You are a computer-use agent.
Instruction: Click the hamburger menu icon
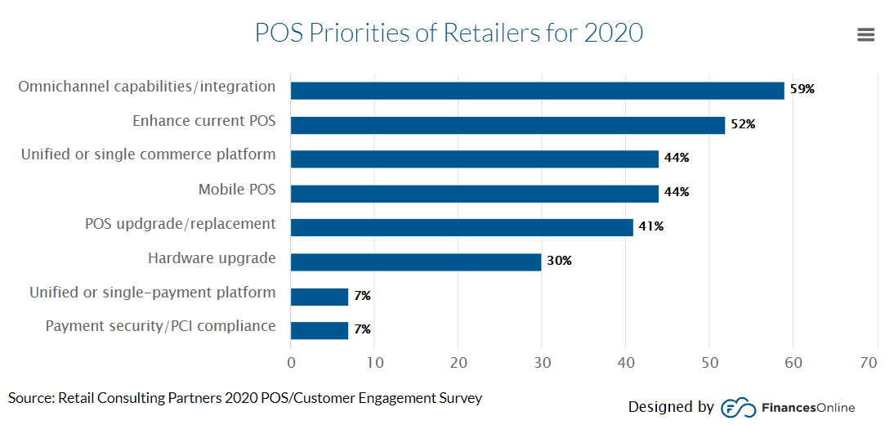pos(866,34)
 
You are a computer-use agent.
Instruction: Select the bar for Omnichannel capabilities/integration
pos(537,90)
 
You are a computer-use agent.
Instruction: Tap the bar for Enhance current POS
pos(507,124)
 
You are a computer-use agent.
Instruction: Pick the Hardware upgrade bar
pos(415,262)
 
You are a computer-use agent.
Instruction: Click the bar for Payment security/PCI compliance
pos(320,329)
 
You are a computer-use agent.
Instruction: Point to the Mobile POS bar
pos(474,193)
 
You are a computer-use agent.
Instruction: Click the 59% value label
pos(802,90)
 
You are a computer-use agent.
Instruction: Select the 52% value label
pos(743,124)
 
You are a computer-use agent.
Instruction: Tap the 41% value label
pos(651,226)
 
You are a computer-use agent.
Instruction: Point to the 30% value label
pos(559,262)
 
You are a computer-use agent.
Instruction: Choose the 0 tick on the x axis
pos(291,363)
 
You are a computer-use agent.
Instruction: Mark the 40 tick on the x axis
pos(626,363)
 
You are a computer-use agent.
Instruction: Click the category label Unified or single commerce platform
pos(148,154)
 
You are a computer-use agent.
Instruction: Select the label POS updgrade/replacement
pos(180,224)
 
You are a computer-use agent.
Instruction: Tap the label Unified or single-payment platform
pos(152,293)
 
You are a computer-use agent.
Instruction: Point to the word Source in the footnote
pos(29,399)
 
